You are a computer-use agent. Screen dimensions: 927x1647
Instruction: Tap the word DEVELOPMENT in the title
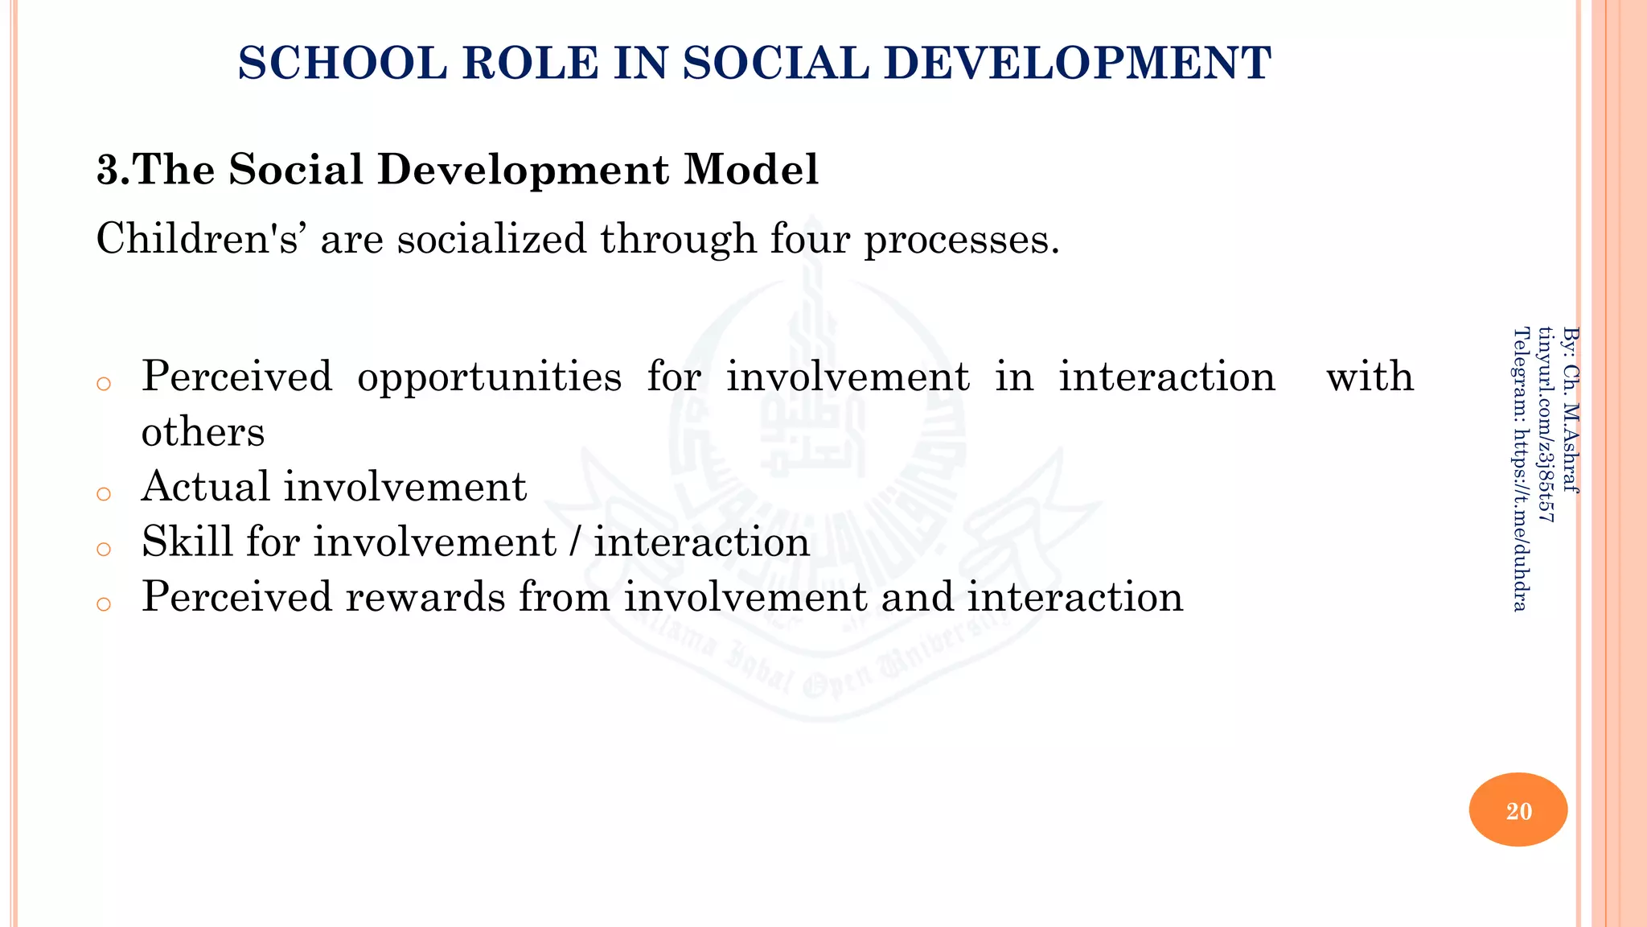coord(1078,64)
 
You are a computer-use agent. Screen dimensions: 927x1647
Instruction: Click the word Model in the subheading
coord(751,170)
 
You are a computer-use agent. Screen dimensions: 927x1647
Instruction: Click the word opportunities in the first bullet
coord(489,377)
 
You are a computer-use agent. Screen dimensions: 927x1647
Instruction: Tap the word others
coord(203,432)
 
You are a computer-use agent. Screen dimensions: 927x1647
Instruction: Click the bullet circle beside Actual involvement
coord(103,493)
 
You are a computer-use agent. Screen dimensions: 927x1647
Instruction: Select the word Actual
coord(205,487)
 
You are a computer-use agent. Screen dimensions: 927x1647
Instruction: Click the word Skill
coord(187,542)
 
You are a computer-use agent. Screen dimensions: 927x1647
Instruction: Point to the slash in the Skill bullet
coord(574,542)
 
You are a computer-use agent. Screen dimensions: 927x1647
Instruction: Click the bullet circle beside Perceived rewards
coord(103,604)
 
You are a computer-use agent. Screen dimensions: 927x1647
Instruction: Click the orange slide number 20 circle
coord(1518,810)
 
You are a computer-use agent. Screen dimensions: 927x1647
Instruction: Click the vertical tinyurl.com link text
coord(1546,424)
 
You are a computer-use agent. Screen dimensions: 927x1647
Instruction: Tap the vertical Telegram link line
coord(1520,468)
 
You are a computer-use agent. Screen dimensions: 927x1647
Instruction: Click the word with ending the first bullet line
coord(1370,377)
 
